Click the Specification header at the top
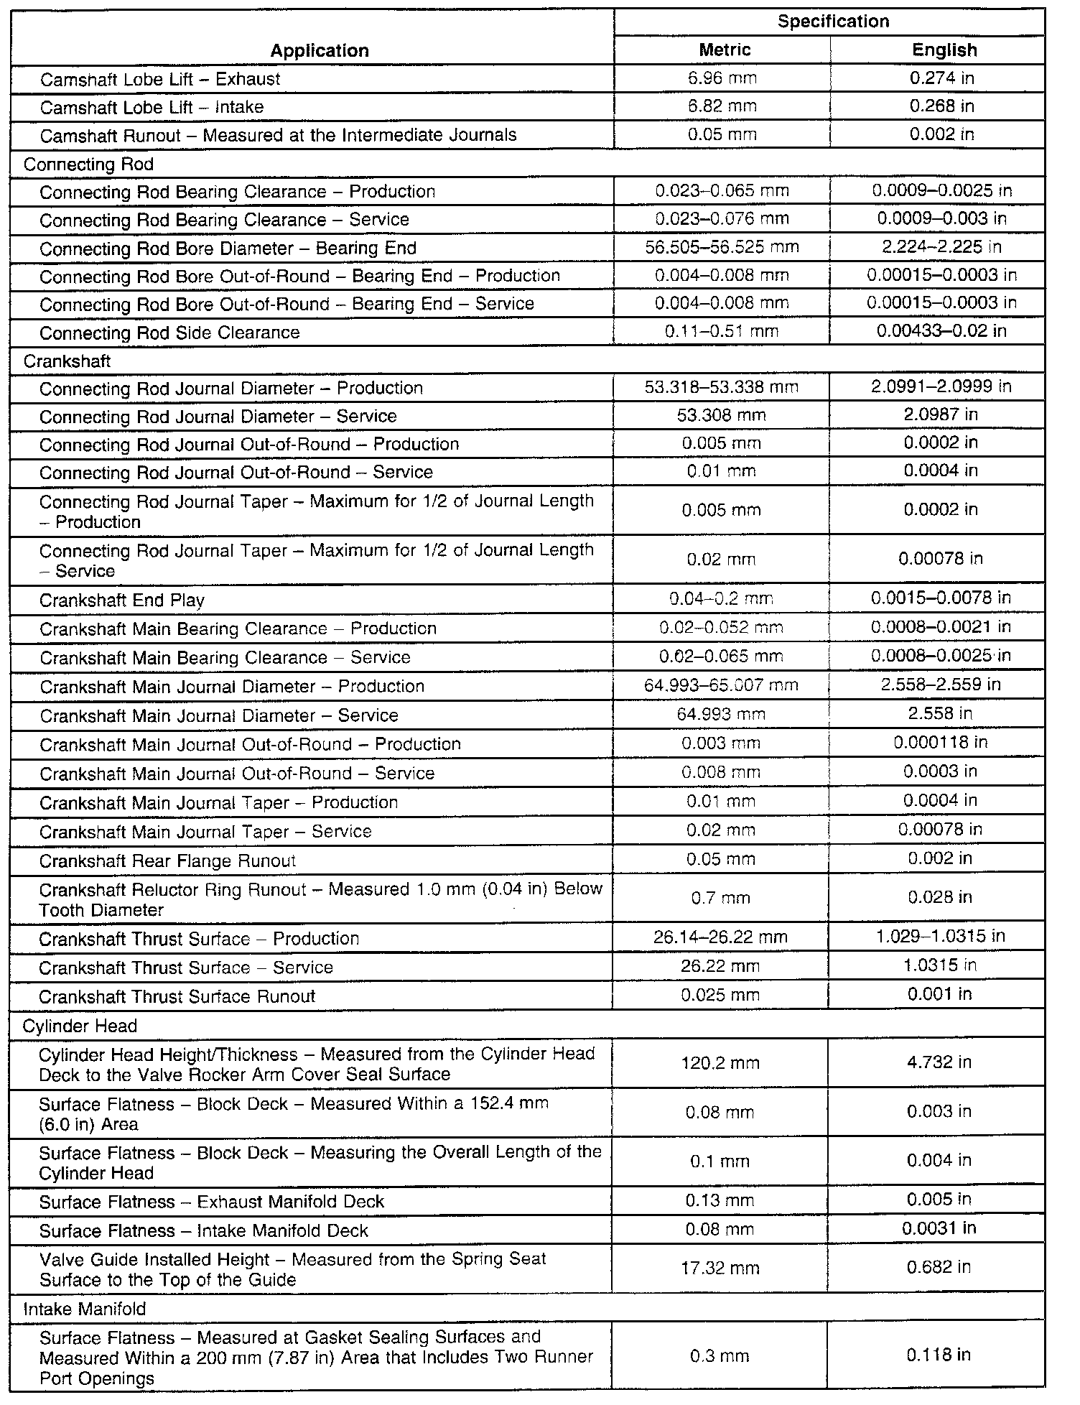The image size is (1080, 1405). pos(833,22)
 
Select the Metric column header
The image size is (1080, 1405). pos(725,50)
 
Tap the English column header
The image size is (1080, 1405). pos(944,50)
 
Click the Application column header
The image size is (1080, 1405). pos(320,50)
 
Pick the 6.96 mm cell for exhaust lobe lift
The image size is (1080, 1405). pos(722,78)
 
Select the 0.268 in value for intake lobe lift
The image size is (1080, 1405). pos(941,106)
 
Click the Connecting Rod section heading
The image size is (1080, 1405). pos(88,164)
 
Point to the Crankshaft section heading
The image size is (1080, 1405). pos(67,361)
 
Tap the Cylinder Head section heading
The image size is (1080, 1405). pos(80,1026)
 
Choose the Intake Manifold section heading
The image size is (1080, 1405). pos(85,1309)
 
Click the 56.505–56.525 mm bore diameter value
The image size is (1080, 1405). pos(722,248)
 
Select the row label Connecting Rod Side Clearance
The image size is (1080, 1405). pos(169,333)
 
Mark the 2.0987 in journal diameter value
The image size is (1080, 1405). pos(940,415)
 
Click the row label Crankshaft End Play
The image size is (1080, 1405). pos(122,600)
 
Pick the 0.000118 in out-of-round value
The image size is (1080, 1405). pos(940,742)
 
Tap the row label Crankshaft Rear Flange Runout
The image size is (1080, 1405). pos(167,861)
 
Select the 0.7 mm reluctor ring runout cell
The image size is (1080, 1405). pos(720,898)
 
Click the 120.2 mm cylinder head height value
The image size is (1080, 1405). pos(720,1063)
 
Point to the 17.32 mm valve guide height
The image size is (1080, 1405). pos(720,1269)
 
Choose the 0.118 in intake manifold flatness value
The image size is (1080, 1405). pos(939,1355)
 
